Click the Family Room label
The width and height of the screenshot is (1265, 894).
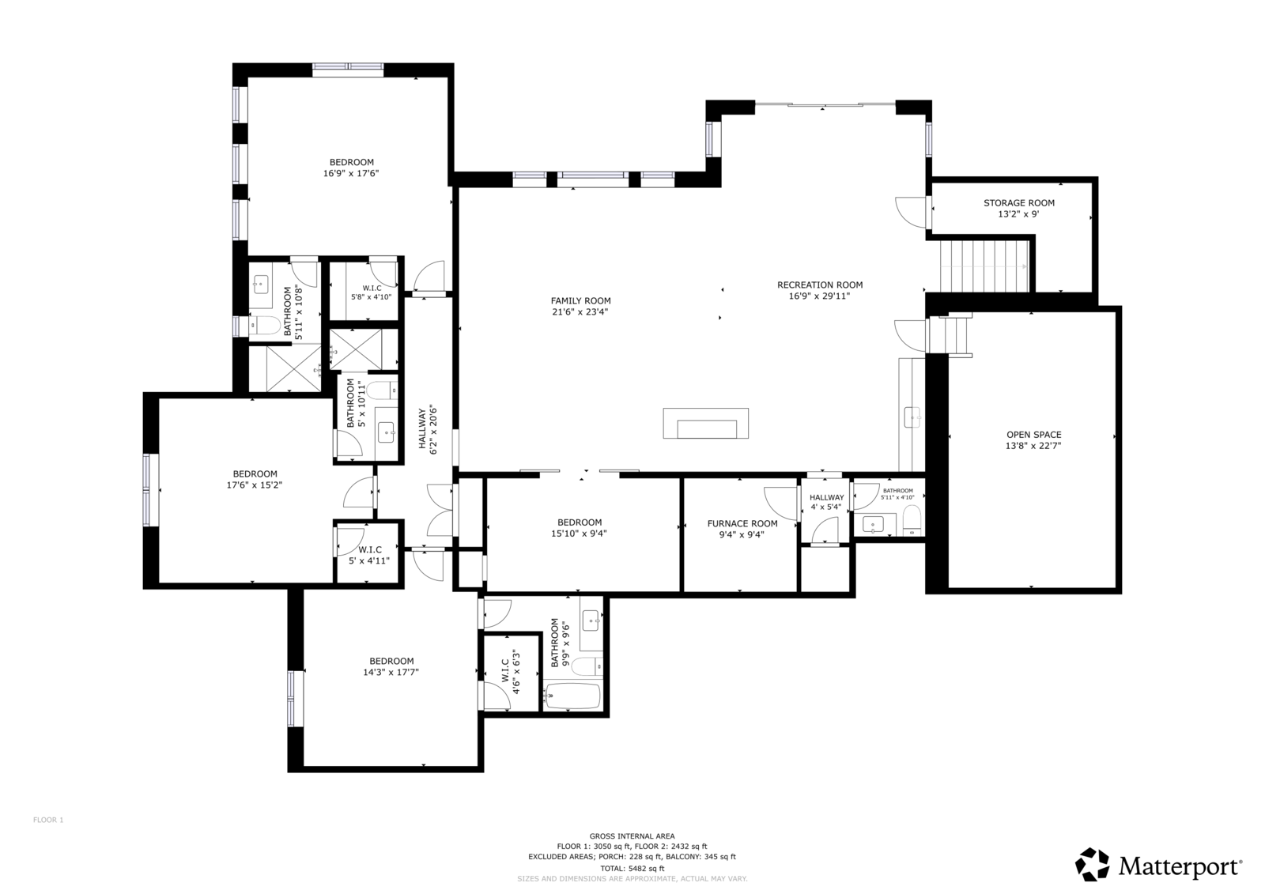click(580, 301)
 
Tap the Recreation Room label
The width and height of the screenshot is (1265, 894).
click(819, 285)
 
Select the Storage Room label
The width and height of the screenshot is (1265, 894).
click(1019, 203)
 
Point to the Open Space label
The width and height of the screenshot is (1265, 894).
click(1033, 435)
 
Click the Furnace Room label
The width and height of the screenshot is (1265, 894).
click(742, 524)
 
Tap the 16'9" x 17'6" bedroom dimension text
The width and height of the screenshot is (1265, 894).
click(351, 174)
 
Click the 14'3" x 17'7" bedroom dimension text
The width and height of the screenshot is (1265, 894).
click(391, 673)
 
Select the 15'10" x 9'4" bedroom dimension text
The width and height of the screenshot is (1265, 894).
click(579, 534)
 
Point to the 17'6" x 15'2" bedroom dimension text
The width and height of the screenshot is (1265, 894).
click(254, 485)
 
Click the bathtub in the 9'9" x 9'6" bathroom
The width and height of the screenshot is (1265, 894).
click(572, 697)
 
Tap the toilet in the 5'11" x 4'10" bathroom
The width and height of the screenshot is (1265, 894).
click(912, 520)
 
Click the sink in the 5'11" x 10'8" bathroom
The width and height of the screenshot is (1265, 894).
click(261, 285)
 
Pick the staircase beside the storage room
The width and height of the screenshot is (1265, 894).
click(984, 266)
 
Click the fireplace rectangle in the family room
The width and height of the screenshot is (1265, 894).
click(706, 424)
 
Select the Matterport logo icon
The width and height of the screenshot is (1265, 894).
click(1092, 865)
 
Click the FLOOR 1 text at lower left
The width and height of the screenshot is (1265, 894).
click(48, 820)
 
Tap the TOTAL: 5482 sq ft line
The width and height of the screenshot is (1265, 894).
click(632, 869)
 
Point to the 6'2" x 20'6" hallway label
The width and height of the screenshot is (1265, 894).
click(428, 429)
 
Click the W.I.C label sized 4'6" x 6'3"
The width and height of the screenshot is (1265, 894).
click(510, 672)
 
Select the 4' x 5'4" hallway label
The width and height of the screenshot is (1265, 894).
click(826, 502)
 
